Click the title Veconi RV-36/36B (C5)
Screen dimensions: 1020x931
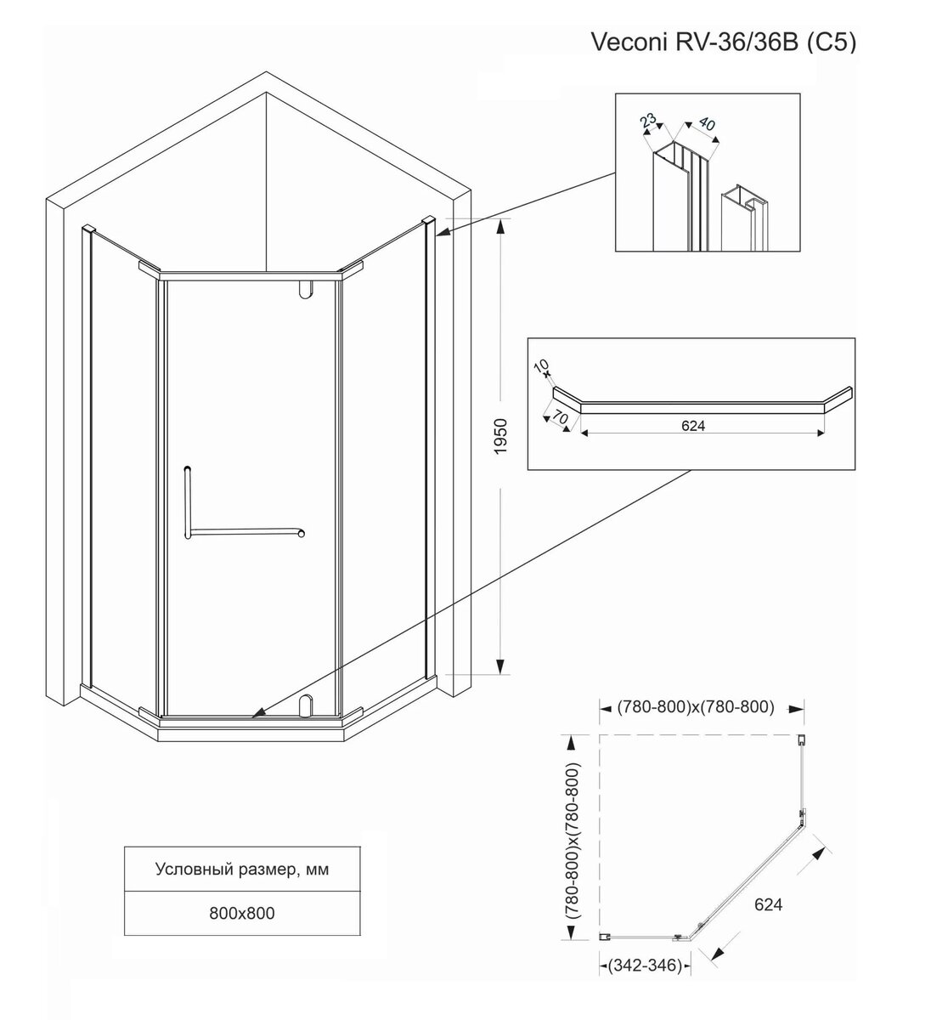[x=724, y=43]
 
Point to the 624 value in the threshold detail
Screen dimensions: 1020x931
[x=693, y=425]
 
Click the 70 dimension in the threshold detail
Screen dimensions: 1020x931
[x=559, y=419]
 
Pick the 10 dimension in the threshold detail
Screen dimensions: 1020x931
[x=541, y=366]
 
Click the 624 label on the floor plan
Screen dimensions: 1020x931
[x=767, y=904]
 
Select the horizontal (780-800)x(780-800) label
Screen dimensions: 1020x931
[x=695, y=706]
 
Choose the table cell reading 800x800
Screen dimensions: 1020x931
[x=242, y=914]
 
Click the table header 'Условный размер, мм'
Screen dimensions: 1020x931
[x=242, y=870]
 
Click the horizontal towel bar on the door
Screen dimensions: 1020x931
[x=246, y=532]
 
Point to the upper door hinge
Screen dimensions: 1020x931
[x=304, y=290]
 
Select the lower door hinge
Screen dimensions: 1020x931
[x=306, y=705]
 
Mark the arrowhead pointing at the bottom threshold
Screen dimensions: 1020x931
[x=257, y=715]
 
